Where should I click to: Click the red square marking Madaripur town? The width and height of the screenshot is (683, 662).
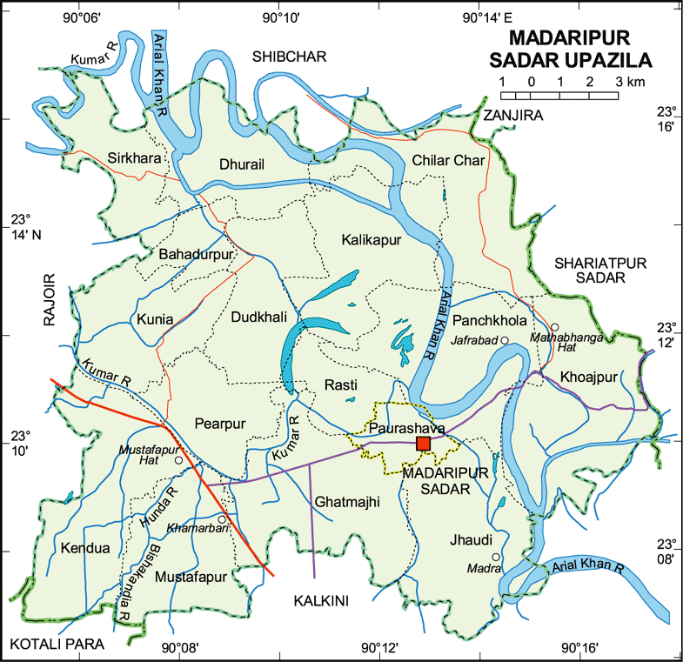pos(423,444)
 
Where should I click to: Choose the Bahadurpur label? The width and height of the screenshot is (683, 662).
pos(197,254)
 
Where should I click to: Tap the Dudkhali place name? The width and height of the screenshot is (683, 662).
pos(258,318)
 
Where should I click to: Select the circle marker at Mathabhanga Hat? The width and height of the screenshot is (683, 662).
pos(554,327)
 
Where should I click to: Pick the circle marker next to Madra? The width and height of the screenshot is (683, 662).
pos(496,557)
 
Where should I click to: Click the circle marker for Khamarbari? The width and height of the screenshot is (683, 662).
pos(222,519)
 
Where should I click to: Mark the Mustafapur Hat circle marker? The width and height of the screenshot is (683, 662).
pos(178,460)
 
